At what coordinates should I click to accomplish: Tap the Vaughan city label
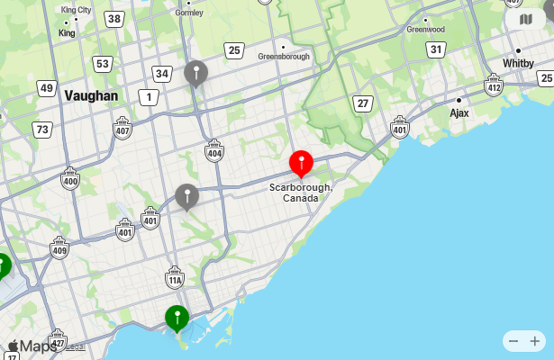(91, 95)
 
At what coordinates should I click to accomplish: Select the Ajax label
(459, 113)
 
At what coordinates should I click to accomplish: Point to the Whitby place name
(518, 63)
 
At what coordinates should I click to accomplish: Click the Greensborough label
(284, 56)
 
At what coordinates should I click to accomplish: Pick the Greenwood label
(425, 29)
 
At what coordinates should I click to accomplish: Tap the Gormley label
(189, 13)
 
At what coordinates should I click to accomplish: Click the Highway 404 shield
(214, 151)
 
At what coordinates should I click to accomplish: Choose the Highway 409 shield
(59, 247)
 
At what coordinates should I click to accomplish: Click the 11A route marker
(175, 278)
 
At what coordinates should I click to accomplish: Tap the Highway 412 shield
(494, 85)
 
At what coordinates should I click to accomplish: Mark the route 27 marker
(363, 103)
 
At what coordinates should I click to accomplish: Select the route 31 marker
(436, 49)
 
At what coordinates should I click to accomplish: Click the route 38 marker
(114, 19)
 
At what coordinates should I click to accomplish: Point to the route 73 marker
(41, 130)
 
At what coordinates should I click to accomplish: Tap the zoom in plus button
(535, 341)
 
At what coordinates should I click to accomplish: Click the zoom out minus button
(513, 341)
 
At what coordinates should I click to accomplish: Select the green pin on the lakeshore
(177, 318)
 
